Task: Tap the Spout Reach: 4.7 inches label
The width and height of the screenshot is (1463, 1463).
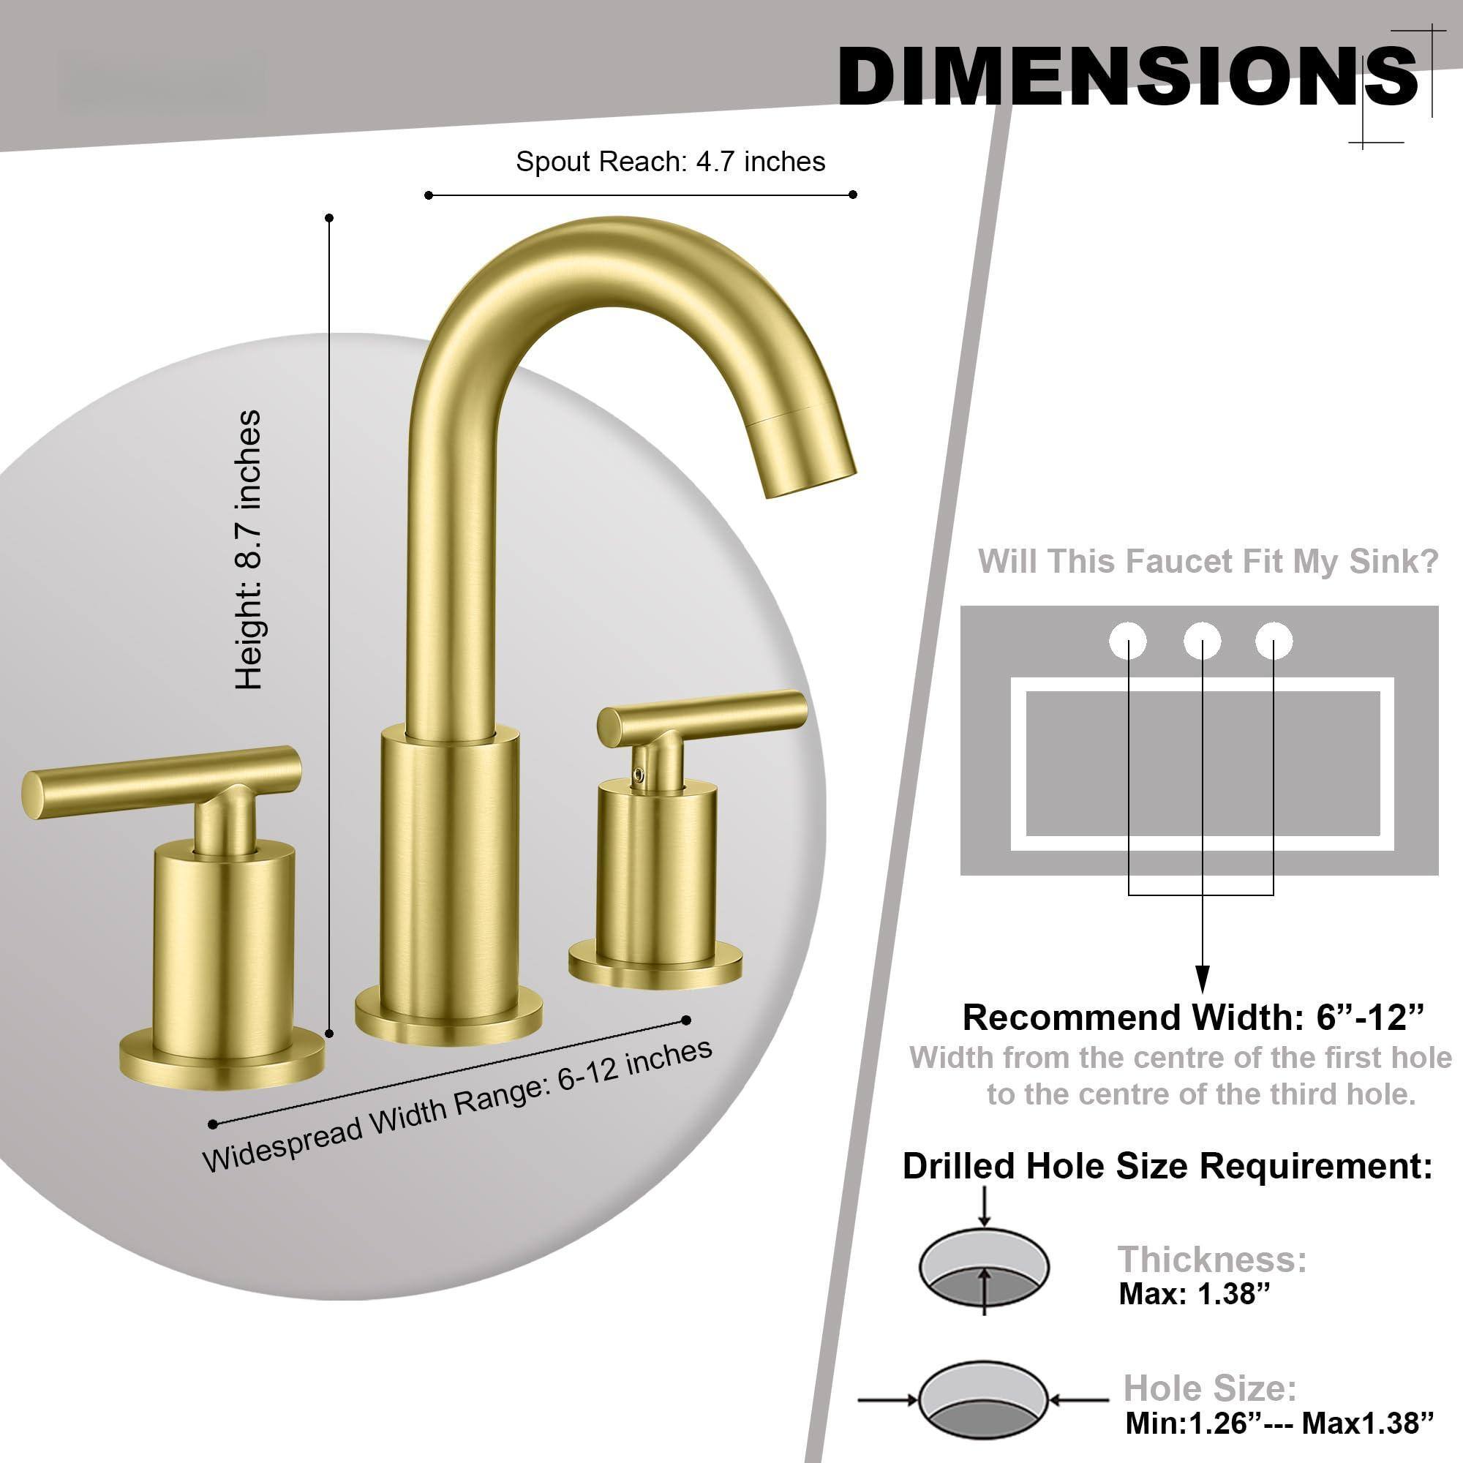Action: tap(670, 161)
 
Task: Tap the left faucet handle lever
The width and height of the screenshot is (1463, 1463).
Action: tap(162, 781)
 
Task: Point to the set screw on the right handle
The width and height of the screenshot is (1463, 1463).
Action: tap(641, 773)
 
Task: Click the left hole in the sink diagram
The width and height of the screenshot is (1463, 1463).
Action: tap(1127, 642)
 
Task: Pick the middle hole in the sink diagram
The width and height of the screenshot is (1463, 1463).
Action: tap(1202, 642)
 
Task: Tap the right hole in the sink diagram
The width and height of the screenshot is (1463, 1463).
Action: tap(1274, 642)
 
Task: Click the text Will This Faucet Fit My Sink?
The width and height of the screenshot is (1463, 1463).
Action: tap(1208, 561)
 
